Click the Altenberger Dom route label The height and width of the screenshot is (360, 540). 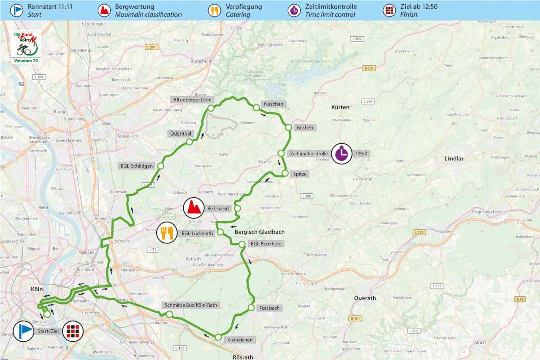point(193,100)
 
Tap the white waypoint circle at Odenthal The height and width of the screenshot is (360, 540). point(189,142)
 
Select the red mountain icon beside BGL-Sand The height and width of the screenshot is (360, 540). point(193,207)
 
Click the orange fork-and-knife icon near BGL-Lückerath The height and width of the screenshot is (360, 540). point(167,233)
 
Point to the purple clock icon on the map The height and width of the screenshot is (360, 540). point(342,153)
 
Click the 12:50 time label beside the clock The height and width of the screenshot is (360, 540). point(362,153)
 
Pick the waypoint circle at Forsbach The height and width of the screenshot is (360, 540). point(251,308)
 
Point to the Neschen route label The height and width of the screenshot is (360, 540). point(273,104)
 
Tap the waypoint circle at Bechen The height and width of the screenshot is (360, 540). point(288,127)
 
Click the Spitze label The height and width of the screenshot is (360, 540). point(300,174)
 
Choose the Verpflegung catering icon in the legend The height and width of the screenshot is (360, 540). point(214,10)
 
